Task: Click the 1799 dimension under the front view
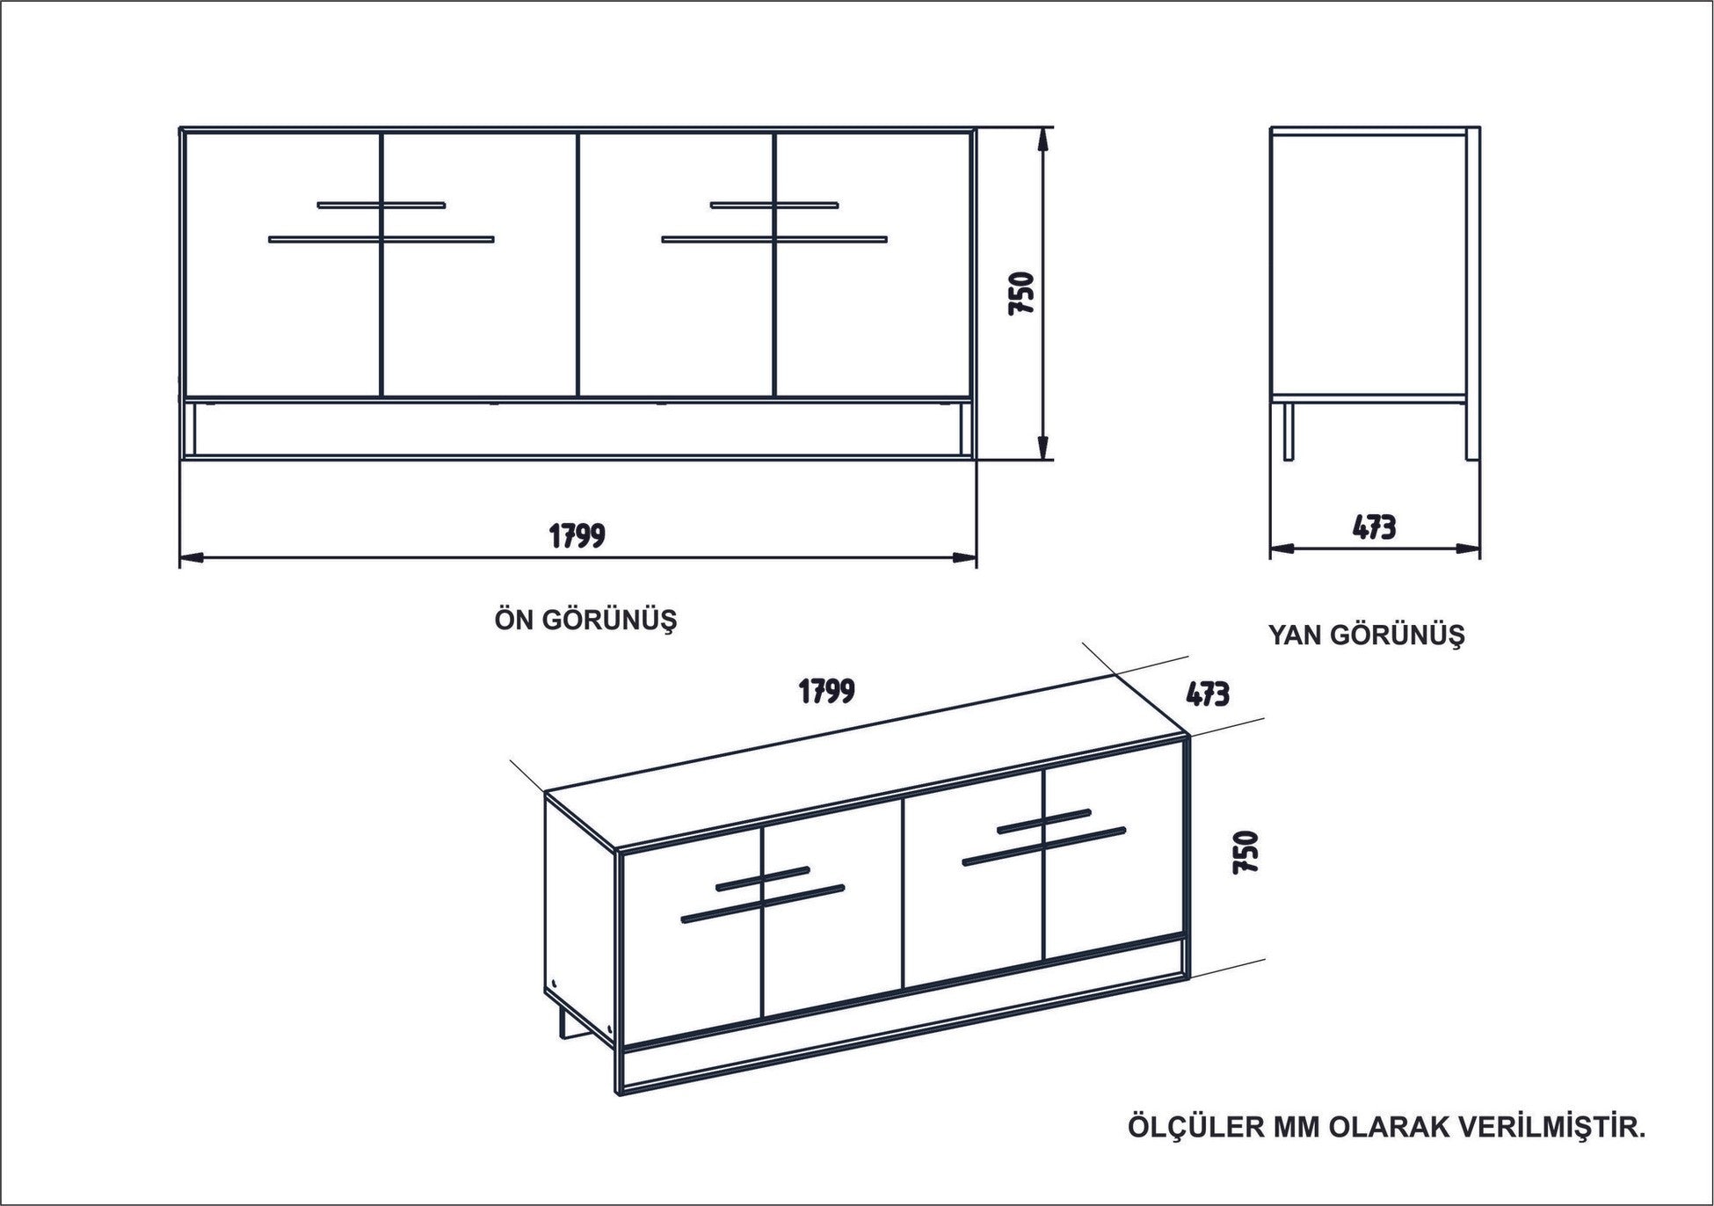577,534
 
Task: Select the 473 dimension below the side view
1374,527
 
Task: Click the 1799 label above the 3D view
826,690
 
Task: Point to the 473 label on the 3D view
1207,694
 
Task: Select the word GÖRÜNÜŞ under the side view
1397,635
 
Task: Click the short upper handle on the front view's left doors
381,206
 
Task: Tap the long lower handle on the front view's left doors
381,239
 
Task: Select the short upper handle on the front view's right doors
774,206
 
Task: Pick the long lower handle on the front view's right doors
774,239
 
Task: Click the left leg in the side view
1289,432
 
